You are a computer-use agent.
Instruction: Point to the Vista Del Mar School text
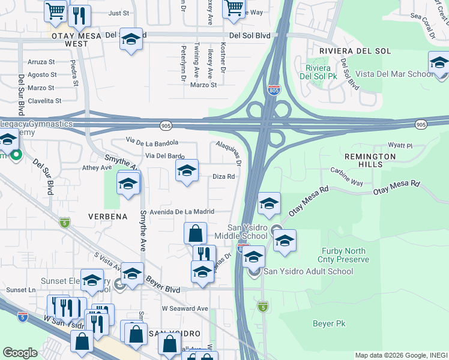pyautogui.click(x=393, y=74)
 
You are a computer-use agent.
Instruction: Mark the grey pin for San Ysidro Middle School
pyautogui.click(x=277, y=229)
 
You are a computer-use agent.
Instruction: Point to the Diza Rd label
pyautogui.click(x=223, y=176)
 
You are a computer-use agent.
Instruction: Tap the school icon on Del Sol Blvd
pyautogui.click(x=131, y=39)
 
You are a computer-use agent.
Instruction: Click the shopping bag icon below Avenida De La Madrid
pyautogui.click(x=196, y=233)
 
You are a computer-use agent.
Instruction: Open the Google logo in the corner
pyautogui.click(x=20, y=353)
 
